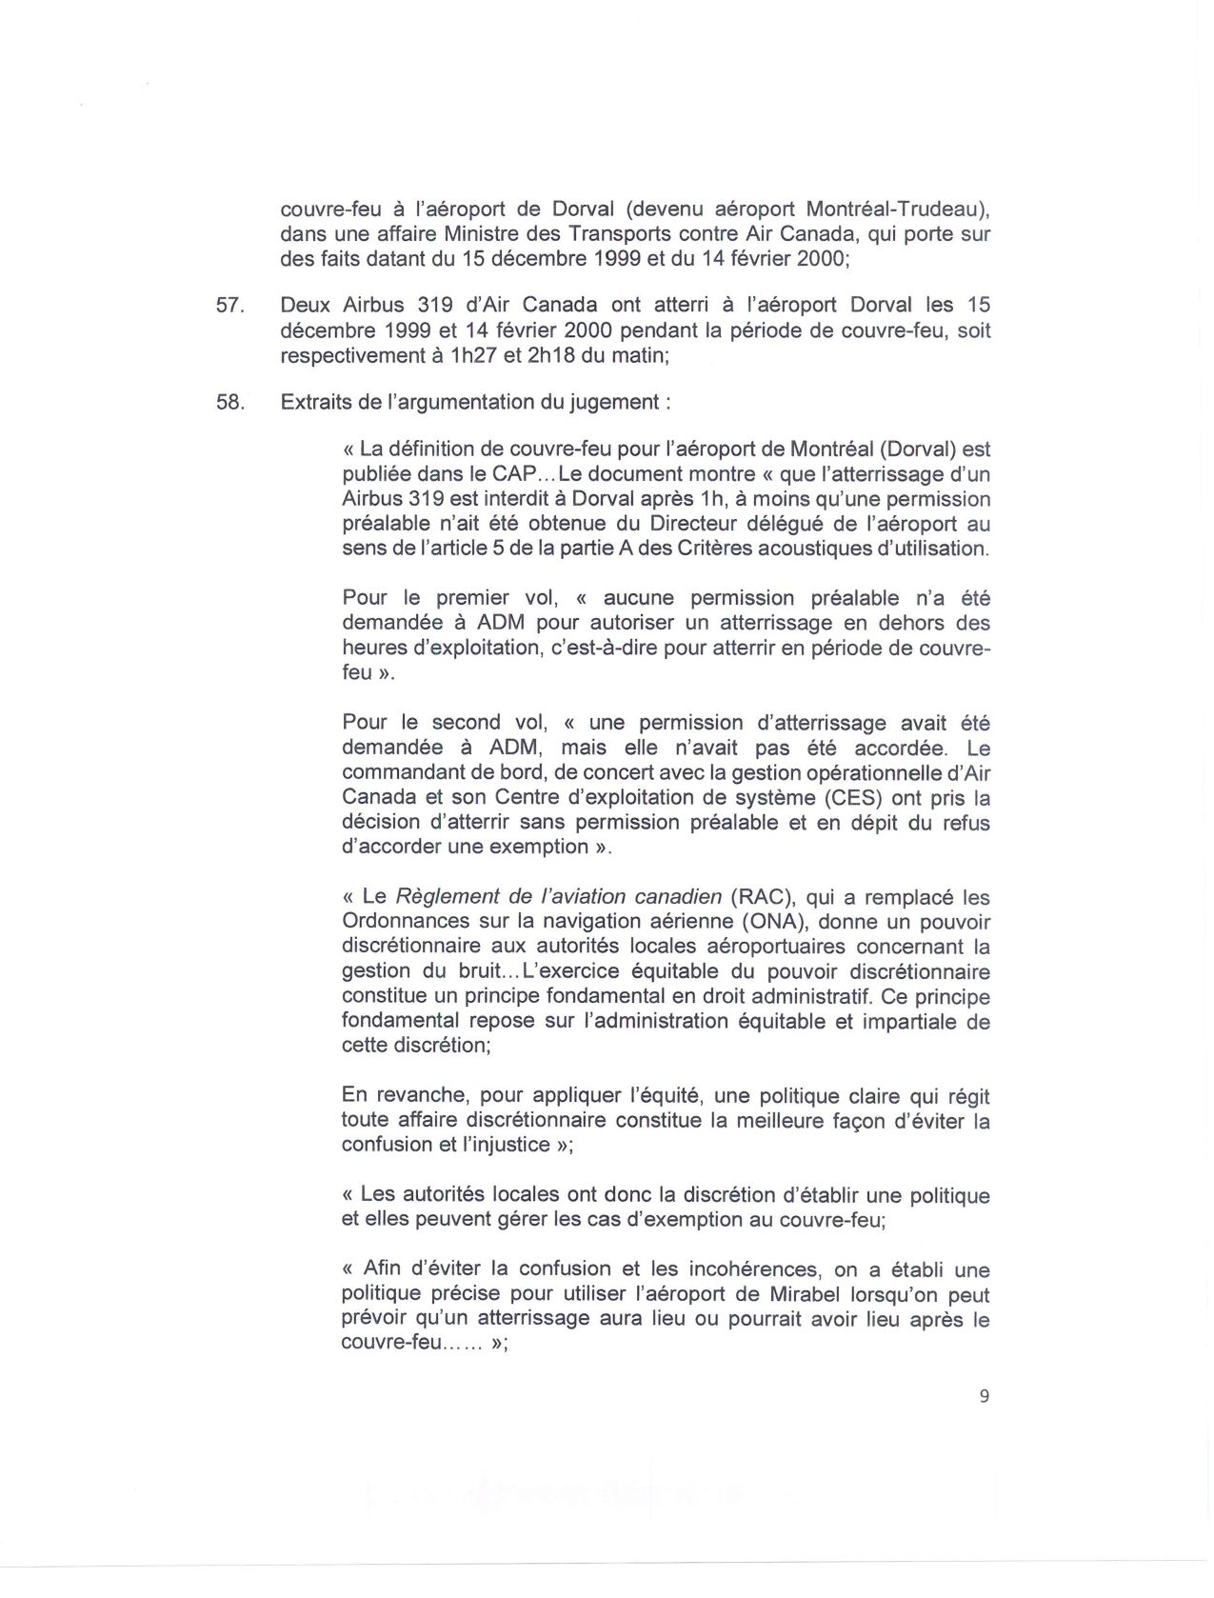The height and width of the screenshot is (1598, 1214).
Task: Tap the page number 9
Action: click(984, 1396)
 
